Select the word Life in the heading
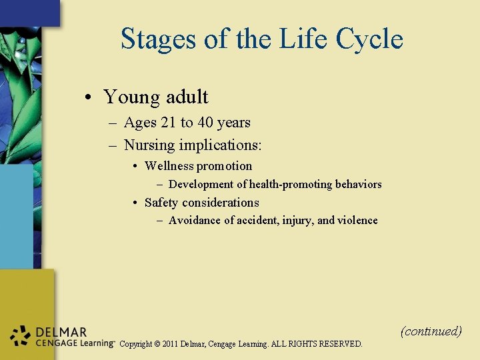[x=299, y=39]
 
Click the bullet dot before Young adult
[x=89, y=98]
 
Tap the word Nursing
[x=149, y=145]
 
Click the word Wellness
[x=169, y=166]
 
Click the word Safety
[x=161, y=203]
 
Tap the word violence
[x=357, y=221]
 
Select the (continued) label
[x=431, y=331]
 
